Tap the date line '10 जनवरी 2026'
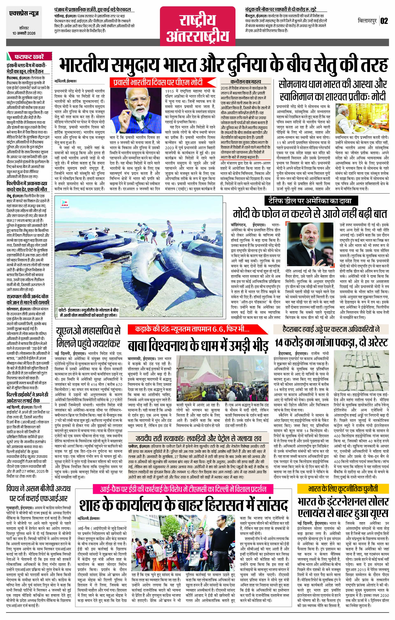click(x=24, y=33)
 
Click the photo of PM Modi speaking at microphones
click(x=136, y=107)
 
